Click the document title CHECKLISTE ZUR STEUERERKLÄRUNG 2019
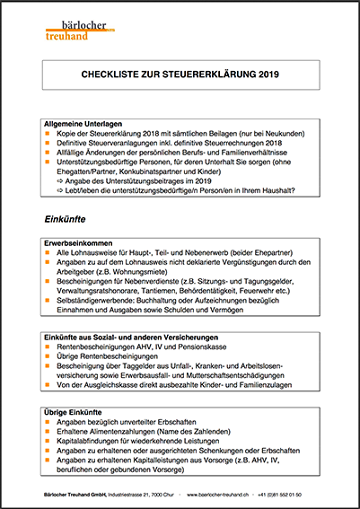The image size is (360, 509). [x=180, y=75]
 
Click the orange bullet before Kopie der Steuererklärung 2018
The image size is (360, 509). [x=48, y=132]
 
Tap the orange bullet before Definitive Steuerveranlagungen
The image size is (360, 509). [x=48, y=142]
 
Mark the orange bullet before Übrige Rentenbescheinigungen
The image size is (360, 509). [x=48, y=358]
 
